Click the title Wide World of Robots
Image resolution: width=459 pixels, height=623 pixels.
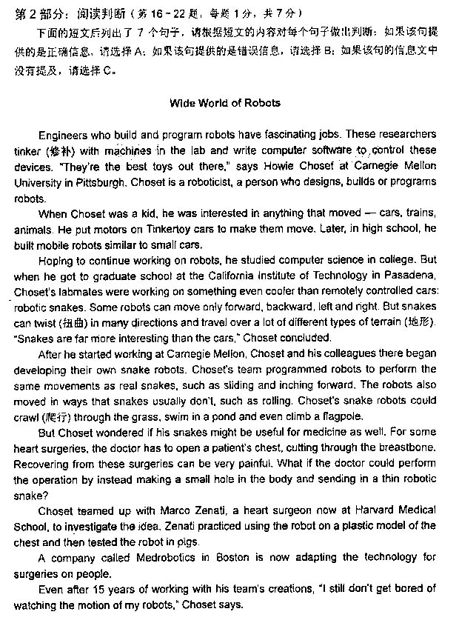(225, 103)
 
